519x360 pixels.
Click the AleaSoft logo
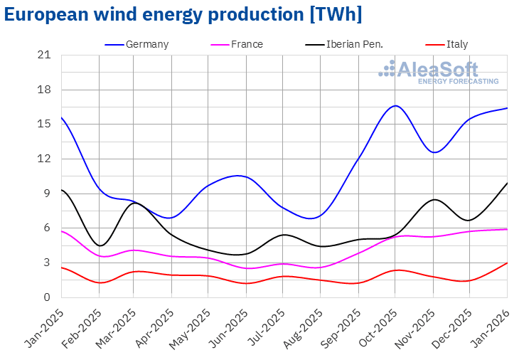tap(439, 72)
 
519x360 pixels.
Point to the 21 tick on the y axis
tap(44, 55)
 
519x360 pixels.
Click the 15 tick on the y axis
tap(44, 124)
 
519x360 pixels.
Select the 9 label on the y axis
tap(46, 194)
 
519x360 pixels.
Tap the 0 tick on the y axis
tap(46, 297)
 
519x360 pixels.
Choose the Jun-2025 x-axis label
tap(230, 324)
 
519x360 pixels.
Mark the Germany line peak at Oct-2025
tap(395, 105)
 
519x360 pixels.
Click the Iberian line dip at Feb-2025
tap(100, 245)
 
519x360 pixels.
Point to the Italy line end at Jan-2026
tap(507, 263)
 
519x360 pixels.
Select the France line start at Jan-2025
tap(62, 231)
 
